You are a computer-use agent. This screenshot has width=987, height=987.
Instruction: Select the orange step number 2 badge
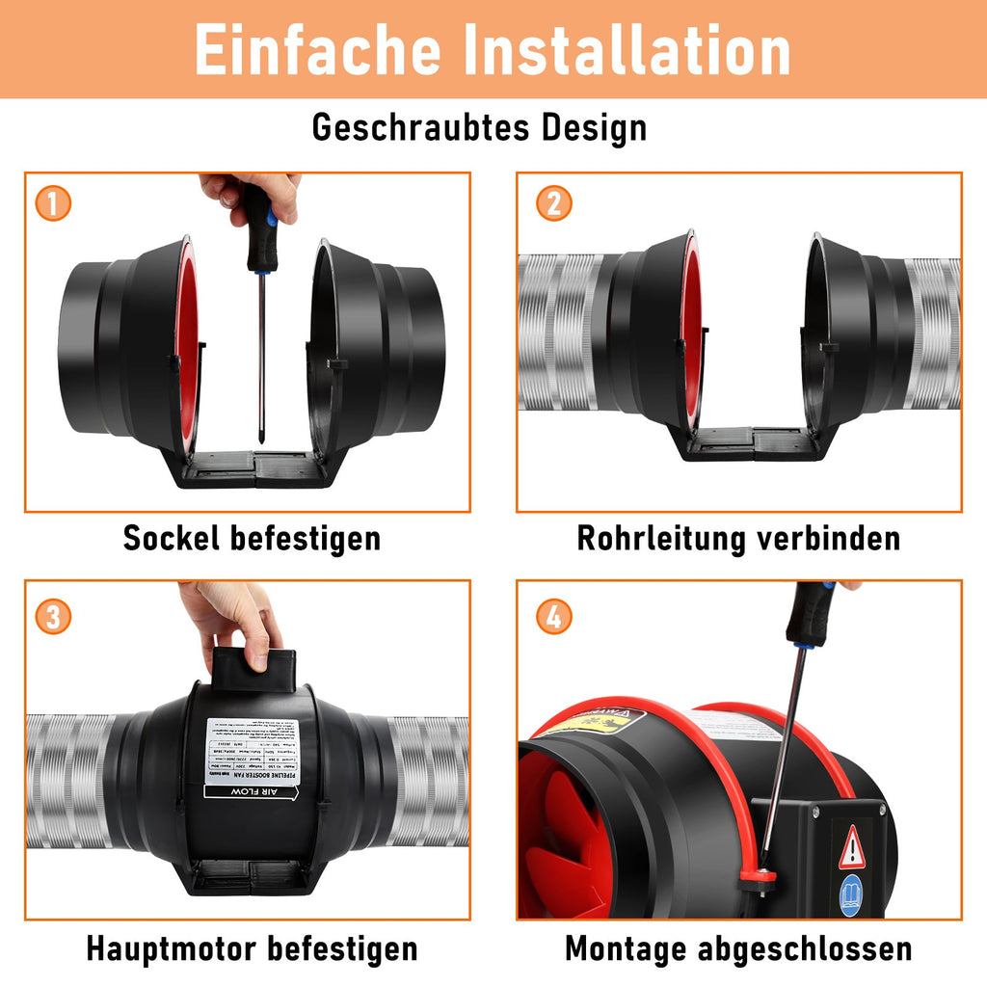coord(553,203)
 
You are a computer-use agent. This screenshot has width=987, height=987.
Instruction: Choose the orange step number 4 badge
coord(553,617)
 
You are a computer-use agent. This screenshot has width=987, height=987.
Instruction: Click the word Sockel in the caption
coord(171,538)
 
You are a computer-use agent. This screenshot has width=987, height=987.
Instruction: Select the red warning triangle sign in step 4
coord(852,848)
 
